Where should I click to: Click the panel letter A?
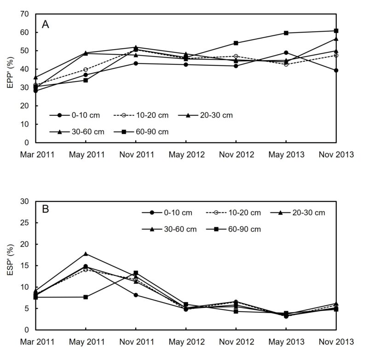46,25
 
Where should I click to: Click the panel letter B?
46,210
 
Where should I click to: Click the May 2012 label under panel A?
185,154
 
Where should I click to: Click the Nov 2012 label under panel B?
236,342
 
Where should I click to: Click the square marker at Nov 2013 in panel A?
336,31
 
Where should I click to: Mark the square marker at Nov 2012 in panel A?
236,43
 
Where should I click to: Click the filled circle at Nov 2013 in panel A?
336,70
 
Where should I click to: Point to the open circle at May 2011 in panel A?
86,69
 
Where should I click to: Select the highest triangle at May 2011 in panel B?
86,254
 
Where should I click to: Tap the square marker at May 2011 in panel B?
86,297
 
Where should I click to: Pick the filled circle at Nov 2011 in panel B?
136,295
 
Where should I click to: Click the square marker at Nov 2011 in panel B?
136,273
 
